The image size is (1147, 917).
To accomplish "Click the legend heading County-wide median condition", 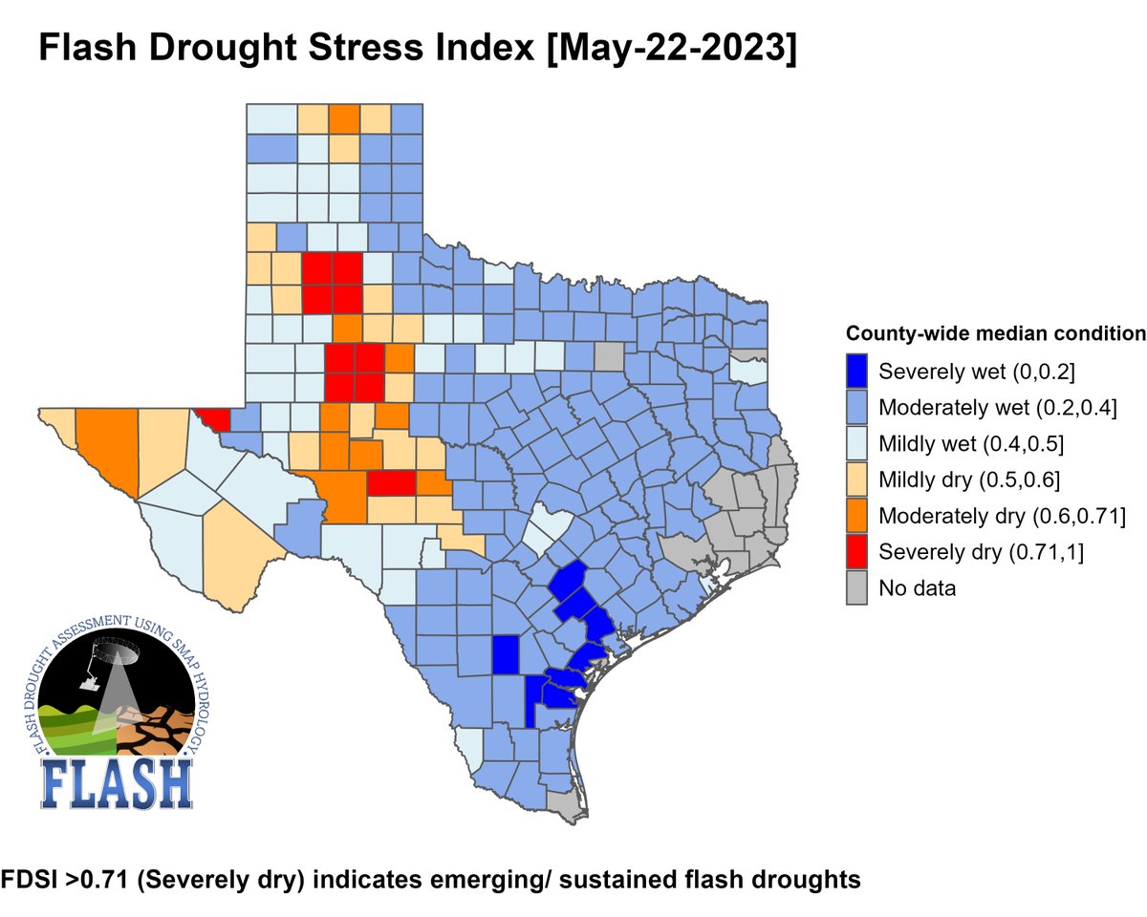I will click(x=995, y=334).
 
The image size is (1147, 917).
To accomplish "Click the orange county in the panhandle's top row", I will click(x=345, y=119).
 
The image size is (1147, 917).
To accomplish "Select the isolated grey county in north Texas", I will click(x=608, y=357).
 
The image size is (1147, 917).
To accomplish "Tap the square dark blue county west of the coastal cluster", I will click(x=506, y=655).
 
